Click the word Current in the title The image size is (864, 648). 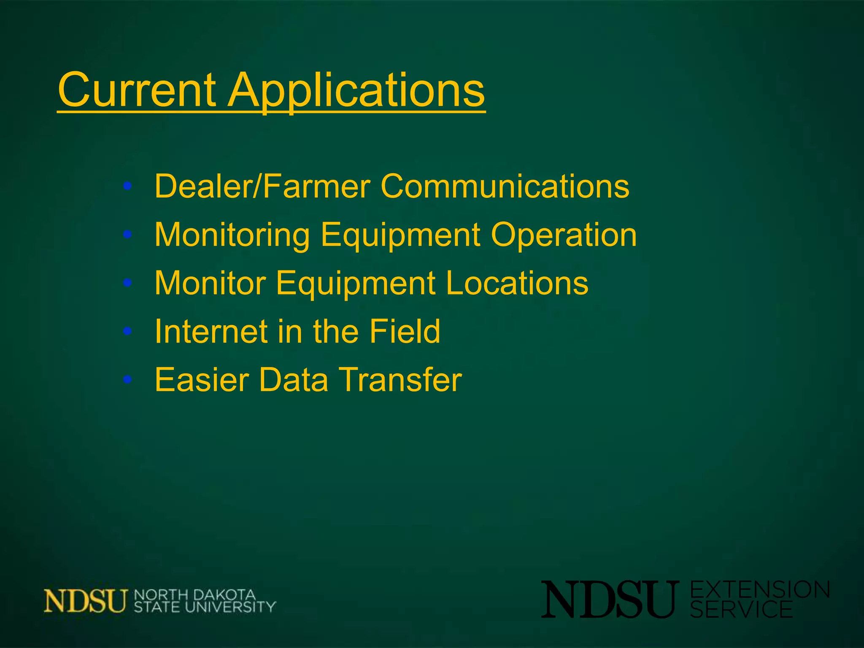coord(138,90)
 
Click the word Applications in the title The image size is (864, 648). coord(356,90)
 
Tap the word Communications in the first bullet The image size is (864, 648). coord(505,186)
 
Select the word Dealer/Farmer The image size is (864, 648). coord(262,186)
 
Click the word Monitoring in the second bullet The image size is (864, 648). coord(232,235)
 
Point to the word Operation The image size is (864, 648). coord(564,235)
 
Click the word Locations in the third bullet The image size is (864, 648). coord(517,283)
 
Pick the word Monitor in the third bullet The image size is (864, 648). coord(210,283)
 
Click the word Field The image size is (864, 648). coord(405,332)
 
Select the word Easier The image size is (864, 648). coord(202,380)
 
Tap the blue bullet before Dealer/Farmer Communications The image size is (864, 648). coord(127,186)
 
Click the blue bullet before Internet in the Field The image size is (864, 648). coord(127,332)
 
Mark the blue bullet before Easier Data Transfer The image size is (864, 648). coord(127,380)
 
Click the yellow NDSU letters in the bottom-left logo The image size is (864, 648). coord(86,601)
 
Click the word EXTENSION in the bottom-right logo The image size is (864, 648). coord(760,590)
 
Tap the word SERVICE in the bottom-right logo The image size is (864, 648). coord(741,610)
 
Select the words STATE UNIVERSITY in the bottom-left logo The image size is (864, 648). coord(205,607)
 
